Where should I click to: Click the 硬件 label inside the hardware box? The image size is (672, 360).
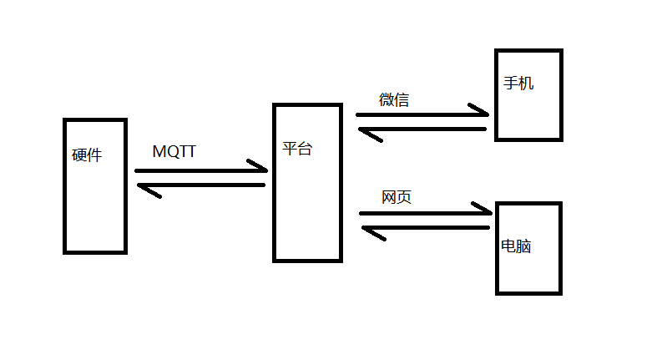point(87,155)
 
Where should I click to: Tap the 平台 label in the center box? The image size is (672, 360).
point(297,150)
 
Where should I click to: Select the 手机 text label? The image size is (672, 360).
point(519,84)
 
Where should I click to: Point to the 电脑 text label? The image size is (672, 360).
point(517,247)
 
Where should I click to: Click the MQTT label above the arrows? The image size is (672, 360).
point(174,152)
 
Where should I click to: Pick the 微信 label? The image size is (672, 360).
point(394,100)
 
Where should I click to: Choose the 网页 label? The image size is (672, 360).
point(397,198)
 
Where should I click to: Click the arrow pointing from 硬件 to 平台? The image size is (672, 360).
point(200,170)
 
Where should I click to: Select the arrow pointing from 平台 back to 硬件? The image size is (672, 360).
point(200,185)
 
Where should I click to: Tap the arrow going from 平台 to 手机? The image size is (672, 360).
point(422,114)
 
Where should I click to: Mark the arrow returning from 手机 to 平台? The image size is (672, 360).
point(422,129)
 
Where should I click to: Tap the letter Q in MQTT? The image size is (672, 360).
point(173,152)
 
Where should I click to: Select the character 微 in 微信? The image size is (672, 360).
point(387,100)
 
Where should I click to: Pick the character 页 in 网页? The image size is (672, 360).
point(404,198)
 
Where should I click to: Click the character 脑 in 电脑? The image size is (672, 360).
point(524,247)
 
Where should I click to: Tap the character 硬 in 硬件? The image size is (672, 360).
point(79,155)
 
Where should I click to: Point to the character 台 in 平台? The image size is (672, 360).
point(305,150)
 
